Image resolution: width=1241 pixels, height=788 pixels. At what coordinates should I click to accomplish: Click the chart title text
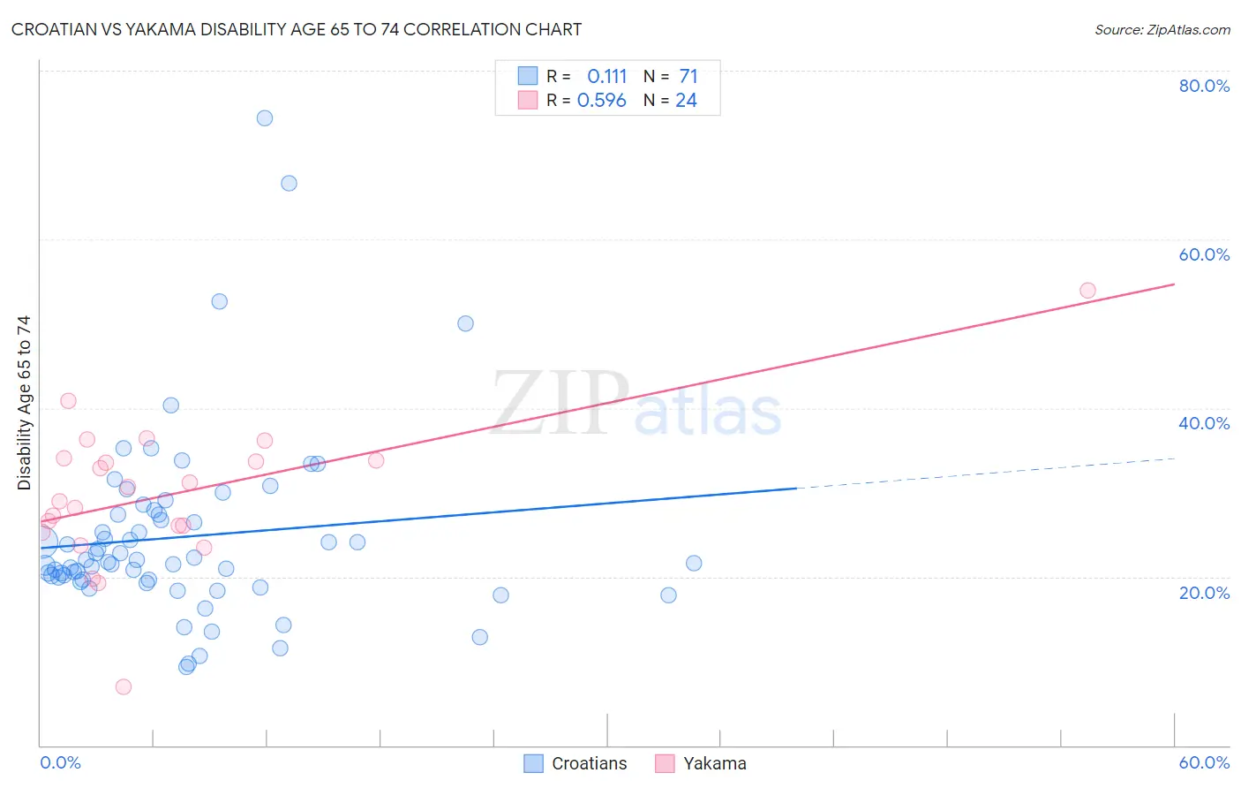pyautogui.click(x=297, y=29)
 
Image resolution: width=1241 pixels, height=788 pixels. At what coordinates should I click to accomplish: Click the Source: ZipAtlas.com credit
pyautogui.click(x=1162, y=29)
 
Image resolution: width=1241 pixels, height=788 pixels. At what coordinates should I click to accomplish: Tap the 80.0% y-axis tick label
pyautogui.click(x=1204, y=86)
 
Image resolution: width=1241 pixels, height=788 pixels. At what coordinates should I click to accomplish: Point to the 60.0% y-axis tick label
pyautogui.click(x=1204, y=254)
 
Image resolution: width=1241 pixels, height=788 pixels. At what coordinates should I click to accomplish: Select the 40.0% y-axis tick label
pyautogui.click(x=1204, y=423)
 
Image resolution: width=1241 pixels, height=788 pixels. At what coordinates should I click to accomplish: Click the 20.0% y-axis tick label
pyautogui.click(x=1204, y=593)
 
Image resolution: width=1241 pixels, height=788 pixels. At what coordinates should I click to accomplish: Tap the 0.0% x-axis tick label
pyautogui.click(x=60, y=762)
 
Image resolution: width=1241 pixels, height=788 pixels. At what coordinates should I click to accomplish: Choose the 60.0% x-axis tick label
pyautogui.click(x=1204, y=762)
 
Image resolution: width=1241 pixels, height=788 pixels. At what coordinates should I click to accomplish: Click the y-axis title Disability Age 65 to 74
pyautogui.click(x=24, y=402)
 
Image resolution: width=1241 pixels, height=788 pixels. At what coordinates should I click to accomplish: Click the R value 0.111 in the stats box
pyautogui.click(x=606, y=76)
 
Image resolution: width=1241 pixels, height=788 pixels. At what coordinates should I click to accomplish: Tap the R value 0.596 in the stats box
pyautogui.click(x=601, y=101)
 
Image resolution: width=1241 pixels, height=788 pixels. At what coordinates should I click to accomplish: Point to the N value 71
pyautogui.click(x=688, y=76)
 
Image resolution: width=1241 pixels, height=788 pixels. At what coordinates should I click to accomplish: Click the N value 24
pyautogui.click(x=686, y=101)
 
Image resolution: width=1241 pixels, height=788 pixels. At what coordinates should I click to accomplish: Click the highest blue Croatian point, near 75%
pyautogui.click(x=265, y=118)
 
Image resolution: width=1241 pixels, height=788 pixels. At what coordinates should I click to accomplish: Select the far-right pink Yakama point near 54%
pyautogui.click(x=1087, y=291)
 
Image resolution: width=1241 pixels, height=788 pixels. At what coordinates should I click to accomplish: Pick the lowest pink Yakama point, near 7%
pyautogui.click(x=124, y=686)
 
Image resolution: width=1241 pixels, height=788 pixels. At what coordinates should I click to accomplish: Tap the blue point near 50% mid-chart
pyautogui.click(x=465, y=323)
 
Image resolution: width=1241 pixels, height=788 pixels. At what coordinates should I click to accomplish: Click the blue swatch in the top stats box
pyautogui.click(x=528, y=76)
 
